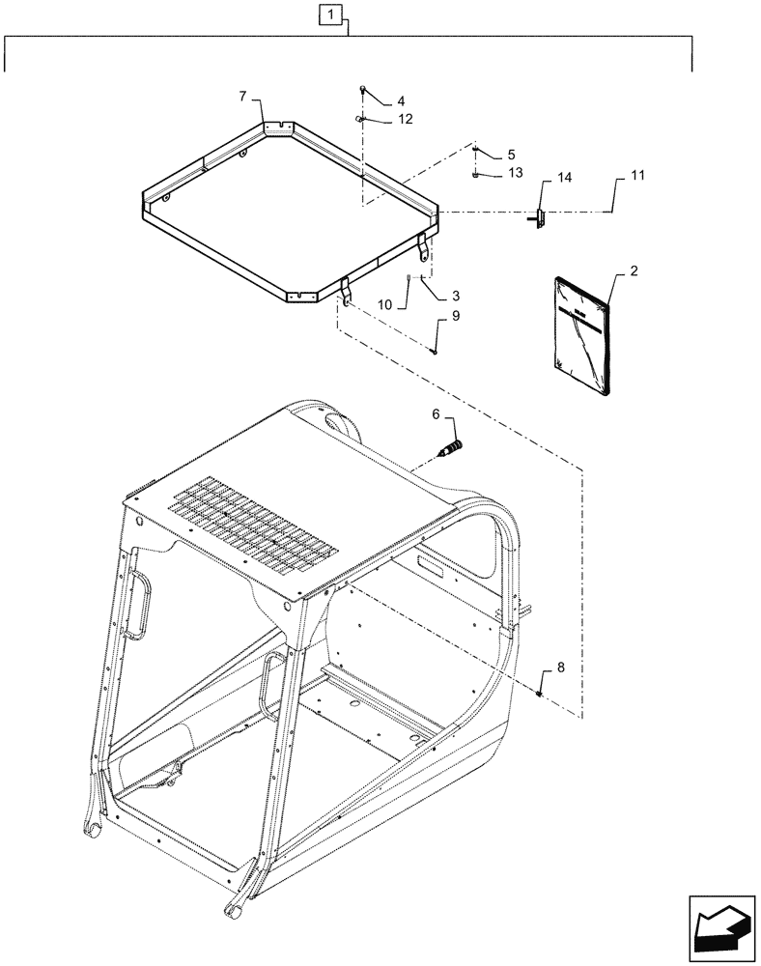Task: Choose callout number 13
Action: click(515, 173)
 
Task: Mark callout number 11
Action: click(637, 177)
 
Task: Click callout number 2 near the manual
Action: click(634, 271)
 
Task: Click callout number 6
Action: click(436, 414)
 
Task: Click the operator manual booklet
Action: click(583, 335)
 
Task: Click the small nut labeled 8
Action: click(541, 692)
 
